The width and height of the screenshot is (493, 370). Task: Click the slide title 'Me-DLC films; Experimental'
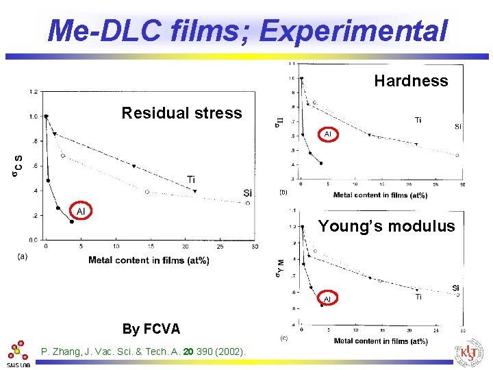point(248,30)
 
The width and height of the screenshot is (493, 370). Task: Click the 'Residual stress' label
point(181,113)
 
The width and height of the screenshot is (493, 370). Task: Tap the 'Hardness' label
point(411,81)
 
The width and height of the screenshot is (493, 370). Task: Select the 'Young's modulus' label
point(386,226)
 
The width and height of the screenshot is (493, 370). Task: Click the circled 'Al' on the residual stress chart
point(81,211)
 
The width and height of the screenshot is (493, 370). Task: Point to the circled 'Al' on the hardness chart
point(327,134)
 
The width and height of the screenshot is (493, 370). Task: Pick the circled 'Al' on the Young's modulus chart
point(327,299)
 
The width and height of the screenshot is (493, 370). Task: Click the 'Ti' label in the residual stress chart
point(191,180)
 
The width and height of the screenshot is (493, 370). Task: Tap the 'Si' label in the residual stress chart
point(247,193)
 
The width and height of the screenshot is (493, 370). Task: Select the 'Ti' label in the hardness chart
point(418,120)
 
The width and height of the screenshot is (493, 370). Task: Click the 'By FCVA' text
point(151,329)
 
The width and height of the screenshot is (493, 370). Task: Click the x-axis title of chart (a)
point(149,260)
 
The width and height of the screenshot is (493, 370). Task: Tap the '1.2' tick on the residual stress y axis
point(34,91)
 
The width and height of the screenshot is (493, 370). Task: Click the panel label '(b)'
point(283,193)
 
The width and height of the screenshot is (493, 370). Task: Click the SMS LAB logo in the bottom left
point(18,354)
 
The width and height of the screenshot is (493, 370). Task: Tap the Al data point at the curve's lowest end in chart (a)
point(72,221)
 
